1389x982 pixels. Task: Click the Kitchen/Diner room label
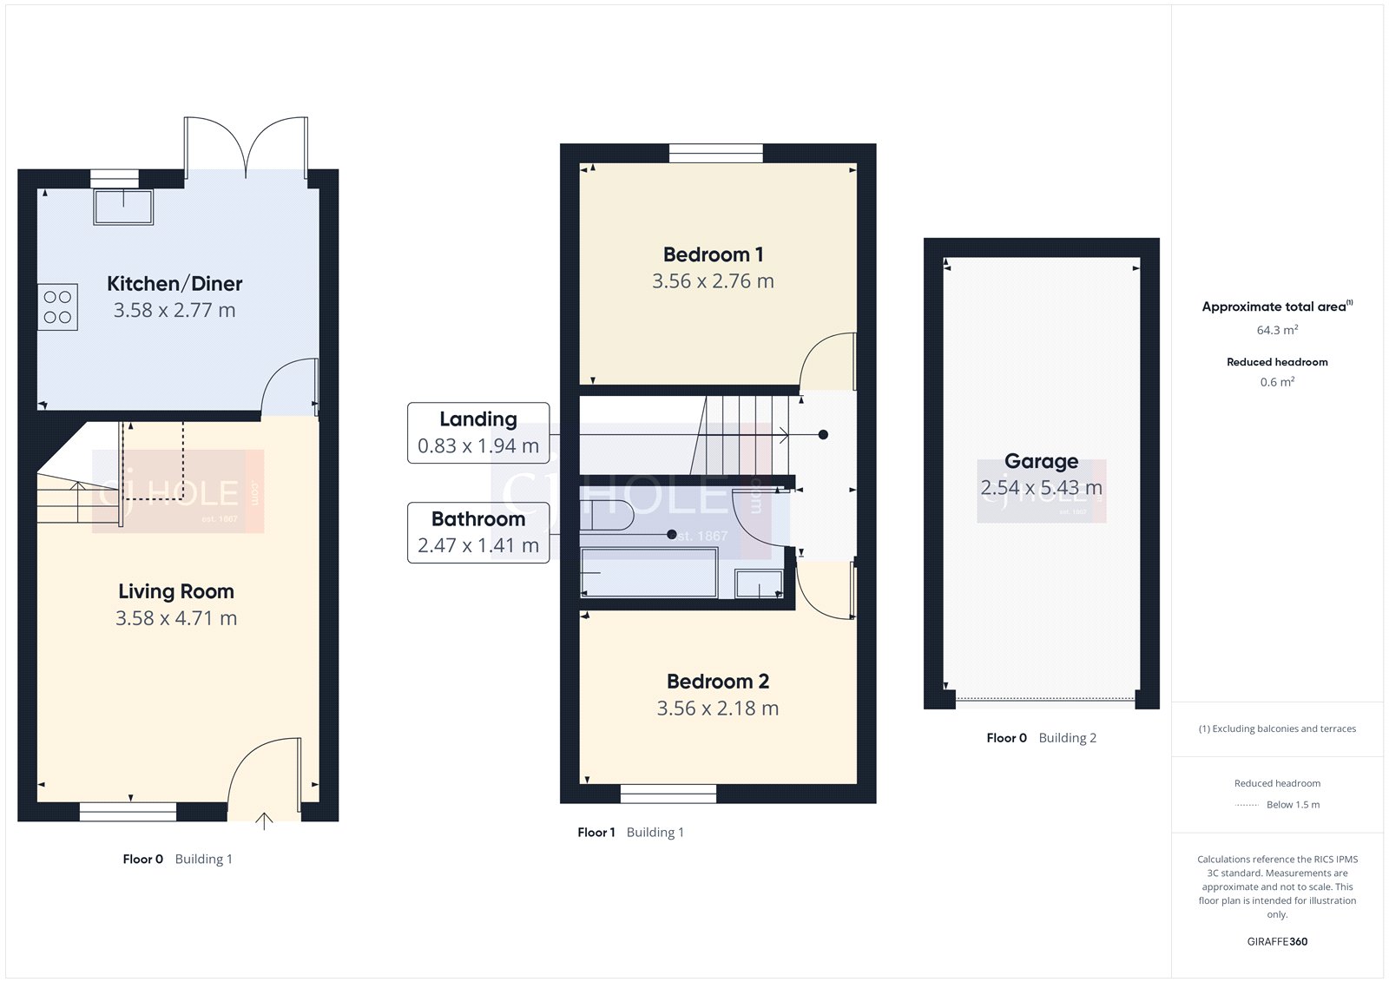point(174,284)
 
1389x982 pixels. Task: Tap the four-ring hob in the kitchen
point(58,307)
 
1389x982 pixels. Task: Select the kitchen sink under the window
point(124,208)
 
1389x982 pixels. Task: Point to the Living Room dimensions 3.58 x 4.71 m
point(176,618)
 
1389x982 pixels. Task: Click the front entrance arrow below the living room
point(264,821)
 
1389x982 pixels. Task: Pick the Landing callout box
point(478,432)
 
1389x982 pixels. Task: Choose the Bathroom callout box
point(478,532)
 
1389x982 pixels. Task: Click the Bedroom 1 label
point(713,255)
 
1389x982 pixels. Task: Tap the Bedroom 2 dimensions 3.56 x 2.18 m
point(717,708)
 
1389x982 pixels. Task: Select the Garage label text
point(1041,462)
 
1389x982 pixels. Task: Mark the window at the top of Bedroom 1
point(716,154)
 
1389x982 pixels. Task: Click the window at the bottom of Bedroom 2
point(668,793)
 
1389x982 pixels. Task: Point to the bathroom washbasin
point(759,583)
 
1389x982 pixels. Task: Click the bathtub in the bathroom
point(648,572)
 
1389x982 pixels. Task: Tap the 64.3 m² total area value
point(1277,330)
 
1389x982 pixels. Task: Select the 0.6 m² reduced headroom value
point(1277,382)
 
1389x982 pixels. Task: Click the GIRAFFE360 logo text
point(1277,941)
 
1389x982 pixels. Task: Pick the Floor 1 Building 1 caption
point(630,833)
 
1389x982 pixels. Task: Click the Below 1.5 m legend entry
point(1292,805)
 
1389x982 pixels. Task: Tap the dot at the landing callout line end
point(823,434)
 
